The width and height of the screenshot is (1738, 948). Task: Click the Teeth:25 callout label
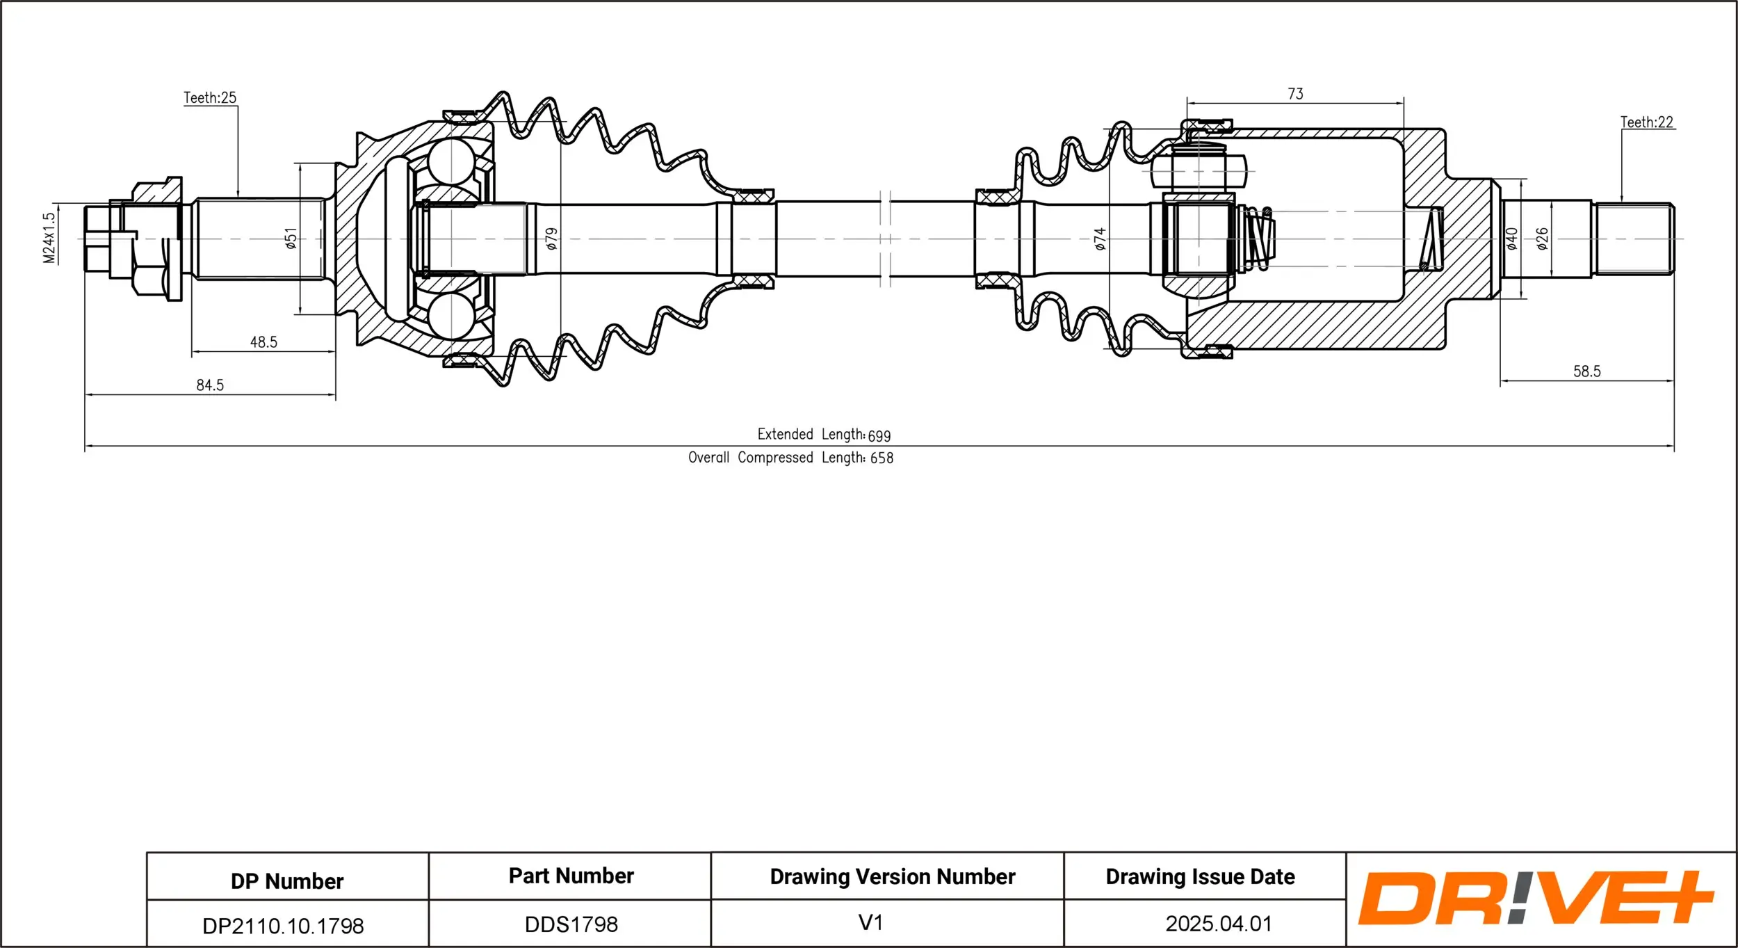[210, 98]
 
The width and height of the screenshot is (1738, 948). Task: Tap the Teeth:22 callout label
[1647, 122]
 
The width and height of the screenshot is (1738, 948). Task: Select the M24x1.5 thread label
[49, 238]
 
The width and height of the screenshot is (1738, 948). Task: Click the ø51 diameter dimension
[291, 238]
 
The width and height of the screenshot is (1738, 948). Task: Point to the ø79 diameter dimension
[551, 238]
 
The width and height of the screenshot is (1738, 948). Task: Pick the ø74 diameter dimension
[1099, 238]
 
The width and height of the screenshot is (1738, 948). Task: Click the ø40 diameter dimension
[1511, 238]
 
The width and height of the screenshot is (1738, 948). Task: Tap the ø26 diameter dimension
[1542, 238]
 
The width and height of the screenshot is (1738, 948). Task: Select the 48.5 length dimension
[263, 342]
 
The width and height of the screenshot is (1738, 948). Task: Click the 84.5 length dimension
[210, 385]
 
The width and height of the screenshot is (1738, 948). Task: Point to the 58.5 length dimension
[1586, 371]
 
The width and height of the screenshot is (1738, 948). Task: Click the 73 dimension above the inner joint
[1295, 94]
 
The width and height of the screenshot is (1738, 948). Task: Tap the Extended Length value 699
[879, 435]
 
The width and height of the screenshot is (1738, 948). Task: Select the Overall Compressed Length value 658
[882, 458]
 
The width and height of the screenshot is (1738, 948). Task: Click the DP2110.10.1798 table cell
[283, 926]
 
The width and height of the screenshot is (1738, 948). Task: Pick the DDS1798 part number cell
[571, 924]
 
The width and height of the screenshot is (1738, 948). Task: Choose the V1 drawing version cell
[870, 922]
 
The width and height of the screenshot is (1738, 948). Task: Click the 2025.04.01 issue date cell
[1219, 924]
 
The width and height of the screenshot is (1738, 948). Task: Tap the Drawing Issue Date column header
[1200, 877]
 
